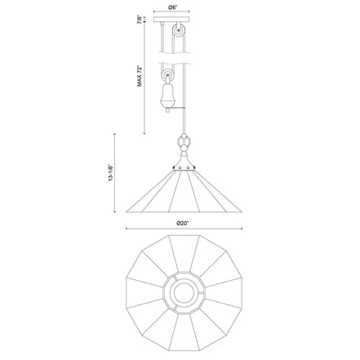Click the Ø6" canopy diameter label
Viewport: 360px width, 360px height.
(171, 7)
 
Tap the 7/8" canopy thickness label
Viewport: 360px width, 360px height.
(140, 20)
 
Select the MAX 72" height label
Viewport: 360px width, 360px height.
(140, 76)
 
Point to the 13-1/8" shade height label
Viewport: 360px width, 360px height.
(110, 173)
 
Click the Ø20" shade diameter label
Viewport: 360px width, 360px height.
(183, 224)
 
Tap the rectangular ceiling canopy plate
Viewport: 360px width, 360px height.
(171, 20)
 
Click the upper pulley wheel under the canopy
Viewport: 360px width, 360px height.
(179, 30)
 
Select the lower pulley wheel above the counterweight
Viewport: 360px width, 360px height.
(167, 75)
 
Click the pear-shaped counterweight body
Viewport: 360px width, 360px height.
(167, 95)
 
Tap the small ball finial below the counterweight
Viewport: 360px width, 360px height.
(167, 110)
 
